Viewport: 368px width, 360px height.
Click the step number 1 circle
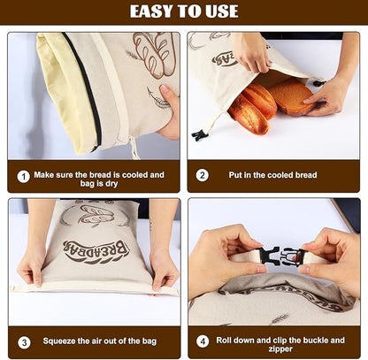pyautogui.click(x=23, y=177)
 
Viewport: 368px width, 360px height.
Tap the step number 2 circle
pyautogui.click(x=203, y=175)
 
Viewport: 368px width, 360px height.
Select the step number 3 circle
pyautogui.click(x=24, y=342)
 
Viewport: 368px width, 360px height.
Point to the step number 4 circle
pyautogui.click(x=203, y=341)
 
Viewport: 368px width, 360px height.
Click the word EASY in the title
pyautogui.click(x=152, y=11)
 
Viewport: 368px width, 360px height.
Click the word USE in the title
pyautogui.click(x=222, y=11)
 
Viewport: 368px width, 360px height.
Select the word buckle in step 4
pyautogui.click(x=314, y=341)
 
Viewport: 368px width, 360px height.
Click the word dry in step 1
pyautogui.click(x=111, y=184)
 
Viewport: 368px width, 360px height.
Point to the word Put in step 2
pyautogui.click(x=235, y=175)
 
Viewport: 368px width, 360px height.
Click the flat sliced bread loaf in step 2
pyautogui.click(x=291, y=96)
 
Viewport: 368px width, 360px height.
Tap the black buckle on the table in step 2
pyautogui.click(x=200, y=135)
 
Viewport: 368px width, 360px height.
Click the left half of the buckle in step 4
pyautogui.click(x=268, y=256)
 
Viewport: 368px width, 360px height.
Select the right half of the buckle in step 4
pyautogui.click(x=292, y=257)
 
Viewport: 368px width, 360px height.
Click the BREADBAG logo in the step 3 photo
pyautogui.click(x=96, y=252)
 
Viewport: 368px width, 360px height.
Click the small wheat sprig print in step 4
pyautogui.click(x=280, y=318)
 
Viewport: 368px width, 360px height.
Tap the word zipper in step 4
pyautogui.click(x=280, y=349)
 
